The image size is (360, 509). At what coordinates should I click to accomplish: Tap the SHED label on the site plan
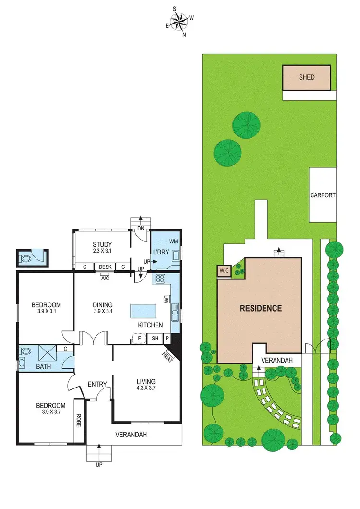click(307, 77)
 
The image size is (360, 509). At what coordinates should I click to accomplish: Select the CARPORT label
click(323, 195)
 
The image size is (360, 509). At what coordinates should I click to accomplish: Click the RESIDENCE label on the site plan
click(261, 308)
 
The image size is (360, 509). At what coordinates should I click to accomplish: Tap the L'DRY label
click(159, 252)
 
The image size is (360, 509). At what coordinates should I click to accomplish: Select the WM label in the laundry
click(173, 241)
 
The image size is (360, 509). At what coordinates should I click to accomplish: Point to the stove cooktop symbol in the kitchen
click(159, 278)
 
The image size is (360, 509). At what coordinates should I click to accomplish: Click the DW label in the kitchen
click(165, 299)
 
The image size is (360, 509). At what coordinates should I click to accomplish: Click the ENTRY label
click(97, 384)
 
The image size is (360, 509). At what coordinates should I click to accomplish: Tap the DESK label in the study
click(105, 267)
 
